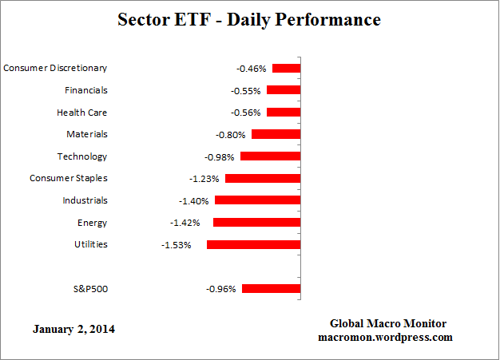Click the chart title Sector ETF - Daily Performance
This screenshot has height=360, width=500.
click(249, 18)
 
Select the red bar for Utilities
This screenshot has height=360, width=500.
click(253, 244)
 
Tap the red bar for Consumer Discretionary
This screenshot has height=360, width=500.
click(286, 69)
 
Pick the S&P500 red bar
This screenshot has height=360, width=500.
click(271, 289)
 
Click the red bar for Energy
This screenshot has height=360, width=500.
click(256, 223)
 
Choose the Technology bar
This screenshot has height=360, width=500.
click(270, 156)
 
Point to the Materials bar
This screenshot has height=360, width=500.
click(276, 135)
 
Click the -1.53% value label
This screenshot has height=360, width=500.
click(176, 245)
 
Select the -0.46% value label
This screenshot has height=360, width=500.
click(251, 69)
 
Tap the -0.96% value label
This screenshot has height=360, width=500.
click(220, 289)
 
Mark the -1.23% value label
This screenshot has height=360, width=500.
click(205, 179)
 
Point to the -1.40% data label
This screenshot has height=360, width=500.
click(195, 201)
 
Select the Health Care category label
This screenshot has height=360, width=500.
click(81, 113)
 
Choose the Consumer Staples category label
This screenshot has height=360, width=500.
click(68, 178)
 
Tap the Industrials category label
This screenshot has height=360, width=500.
click(85, 200)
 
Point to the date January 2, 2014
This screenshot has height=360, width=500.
click(73, 328)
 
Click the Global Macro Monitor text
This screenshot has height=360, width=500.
click(388, 323)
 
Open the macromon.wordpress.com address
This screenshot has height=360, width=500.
click(386, 337)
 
